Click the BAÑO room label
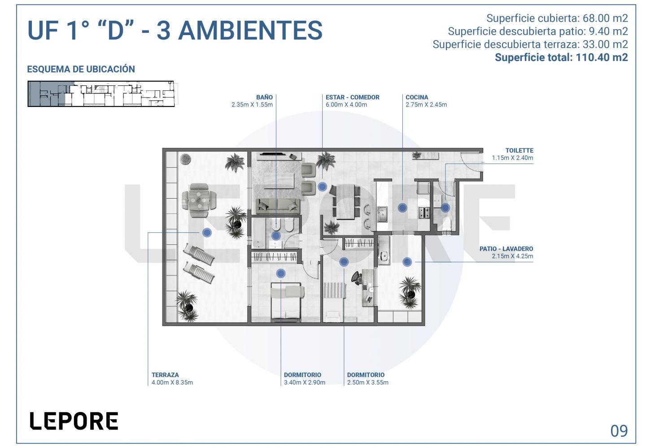(x=265, y=98)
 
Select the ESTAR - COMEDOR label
(x=353, y=98)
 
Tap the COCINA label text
(x=417, y=98)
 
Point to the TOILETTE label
(x=519, y=151)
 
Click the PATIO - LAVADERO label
(x=506, y=248)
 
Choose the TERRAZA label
(x=165, y=375)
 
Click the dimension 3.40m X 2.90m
(x=305, y=382)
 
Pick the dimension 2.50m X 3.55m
(x=368, y=382)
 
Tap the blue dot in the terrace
(x=207, y=232)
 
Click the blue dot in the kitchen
(x=402, y=208)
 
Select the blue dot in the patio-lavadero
(x=407, y=262)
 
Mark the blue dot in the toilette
(x=445, y=208)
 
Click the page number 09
(x=619, y=430)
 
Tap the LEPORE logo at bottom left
(x=74, y=421)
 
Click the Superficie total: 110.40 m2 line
(x=561, y=58)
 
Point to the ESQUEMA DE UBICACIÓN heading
(x=81, y=69)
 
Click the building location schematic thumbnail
(x=103, y=94)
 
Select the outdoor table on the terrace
(x=199, y=200)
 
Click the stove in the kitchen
(x=424, y=213)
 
